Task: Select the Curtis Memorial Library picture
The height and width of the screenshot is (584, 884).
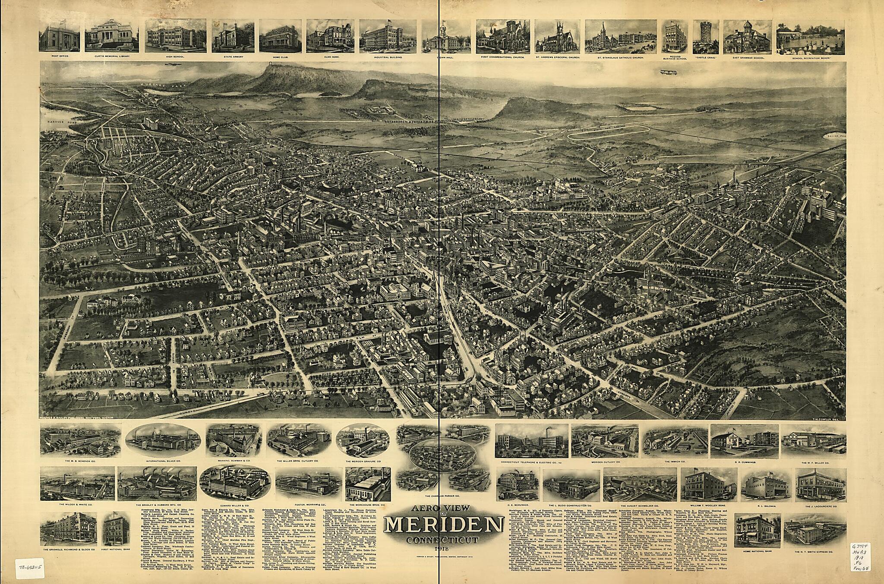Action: [111, 36]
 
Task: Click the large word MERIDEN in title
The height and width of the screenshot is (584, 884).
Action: [443, 525]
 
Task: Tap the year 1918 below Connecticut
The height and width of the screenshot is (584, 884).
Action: [443, 549]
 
